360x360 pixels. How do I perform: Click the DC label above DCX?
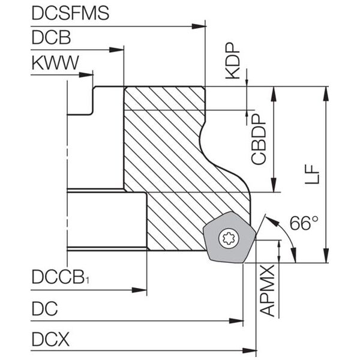click(x=44, y=309)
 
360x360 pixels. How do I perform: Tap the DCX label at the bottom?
click(x=50, y=340)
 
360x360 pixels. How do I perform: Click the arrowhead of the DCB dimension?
click(x=118, y=50)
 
